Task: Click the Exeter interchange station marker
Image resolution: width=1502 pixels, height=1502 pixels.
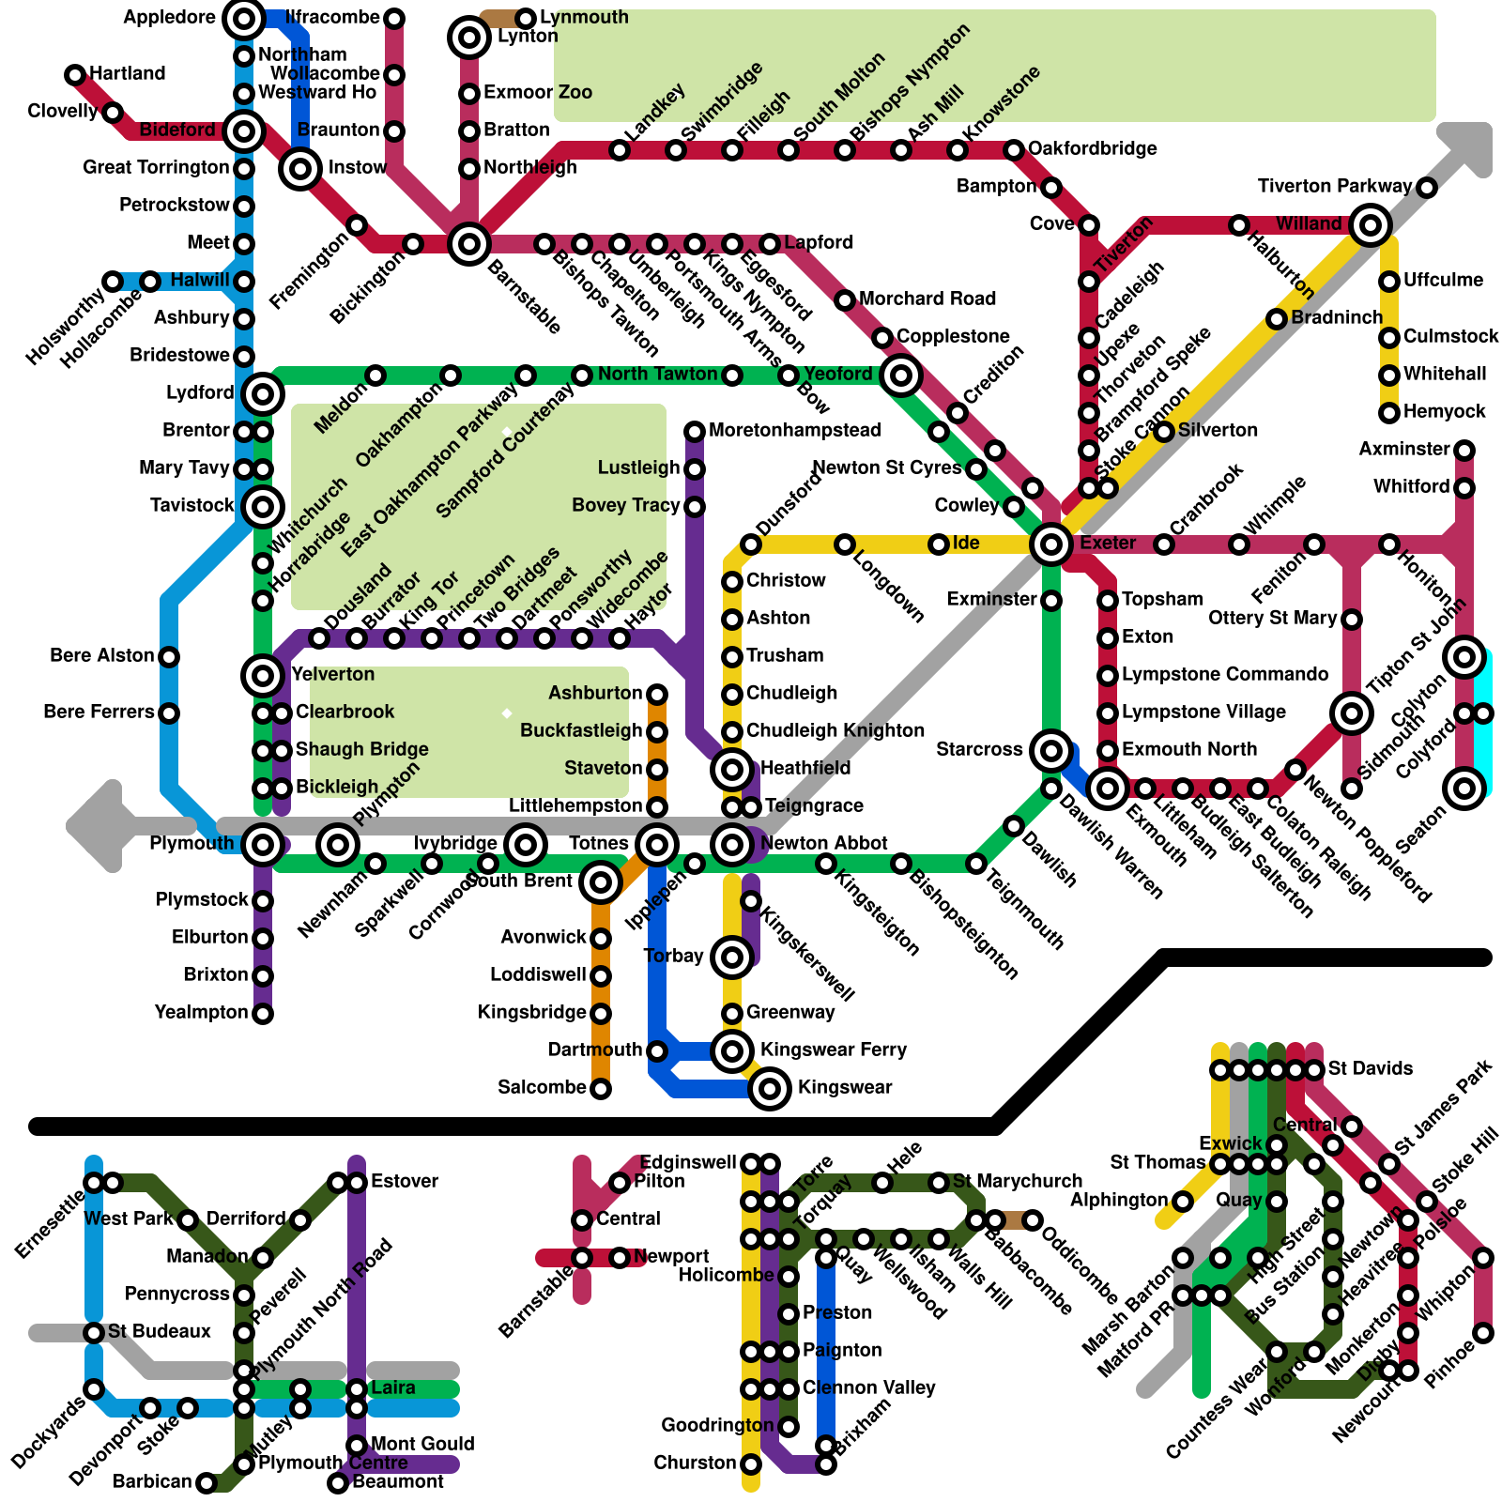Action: pos(1050,544)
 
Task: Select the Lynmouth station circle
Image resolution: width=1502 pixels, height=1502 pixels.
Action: pos(526,18)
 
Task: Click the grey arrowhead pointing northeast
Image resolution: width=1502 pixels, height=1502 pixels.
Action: pos(1469,146)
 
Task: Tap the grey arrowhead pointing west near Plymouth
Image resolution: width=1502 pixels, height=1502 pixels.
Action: pos(94,826)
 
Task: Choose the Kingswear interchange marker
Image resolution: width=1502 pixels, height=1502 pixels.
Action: pos(770,1088)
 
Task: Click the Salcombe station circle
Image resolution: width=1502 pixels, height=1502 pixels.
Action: pos(601,1088)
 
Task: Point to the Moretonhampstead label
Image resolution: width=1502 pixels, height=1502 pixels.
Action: pos(794,430)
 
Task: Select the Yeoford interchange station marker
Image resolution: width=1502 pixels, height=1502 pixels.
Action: pos(901,375)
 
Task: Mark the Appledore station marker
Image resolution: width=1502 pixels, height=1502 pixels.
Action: pos(244,18)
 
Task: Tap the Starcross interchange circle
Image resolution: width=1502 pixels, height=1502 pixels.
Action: pos(1050,750)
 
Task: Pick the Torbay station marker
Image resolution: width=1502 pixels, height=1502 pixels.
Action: pos(732,957)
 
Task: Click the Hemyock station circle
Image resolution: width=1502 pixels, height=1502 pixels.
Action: pos(1389,412)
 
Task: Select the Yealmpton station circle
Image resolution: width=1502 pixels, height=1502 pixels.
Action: pos(263,1013)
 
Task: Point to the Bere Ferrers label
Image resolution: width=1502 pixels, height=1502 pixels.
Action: pos(99,712)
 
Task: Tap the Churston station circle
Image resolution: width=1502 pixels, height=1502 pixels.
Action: pos(751,1464)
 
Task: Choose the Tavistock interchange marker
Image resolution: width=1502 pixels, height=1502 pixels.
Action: pos(263,506)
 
